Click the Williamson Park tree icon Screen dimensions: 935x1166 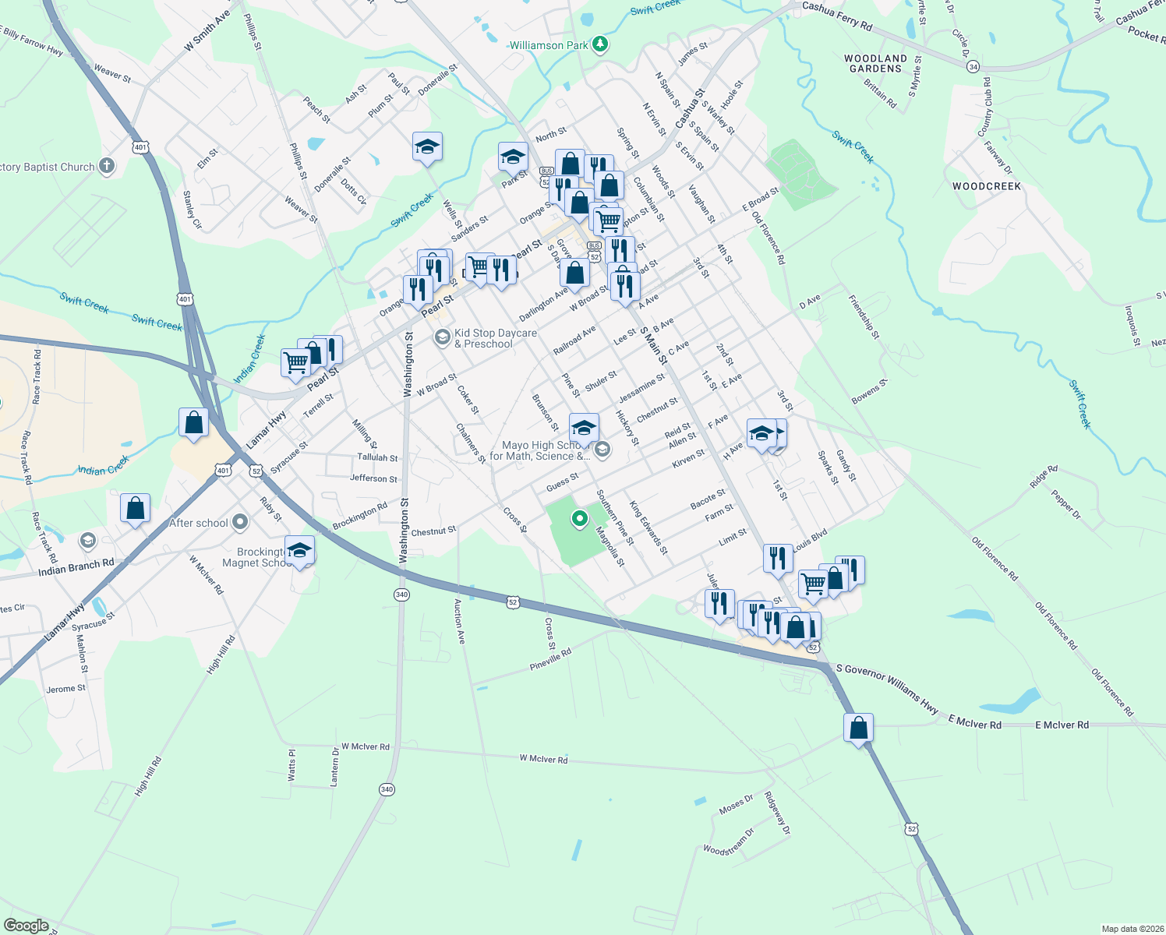point(599,44)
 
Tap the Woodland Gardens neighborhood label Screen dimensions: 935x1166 point(875,63)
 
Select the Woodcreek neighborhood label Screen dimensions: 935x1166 point(986,186)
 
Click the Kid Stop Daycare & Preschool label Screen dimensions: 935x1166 point(495,338)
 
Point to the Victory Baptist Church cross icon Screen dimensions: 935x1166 point(107,166)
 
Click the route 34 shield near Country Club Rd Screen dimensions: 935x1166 point(973,67)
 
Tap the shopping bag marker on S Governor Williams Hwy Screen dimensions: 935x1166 point(858,729)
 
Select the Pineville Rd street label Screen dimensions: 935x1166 point(550,660)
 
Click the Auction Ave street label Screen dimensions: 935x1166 point(460,620)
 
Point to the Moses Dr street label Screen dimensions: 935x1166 point(736,804)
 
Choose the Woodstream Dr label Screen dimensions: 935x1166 point(729,842)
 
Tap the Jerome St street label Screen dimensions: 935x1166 point(65,689)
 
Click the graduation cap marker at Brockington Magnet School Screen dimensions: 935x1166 point(299,551)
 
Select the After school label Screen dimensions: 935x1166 point(199,523)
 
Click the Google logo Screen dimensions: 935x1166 point(26,926)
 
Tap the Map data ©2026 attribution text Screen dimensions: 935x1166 point(1132,929)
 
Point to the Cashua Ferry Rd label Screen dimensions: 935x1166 point(837,16)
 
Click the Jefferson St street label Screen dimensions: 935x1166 point(373,478)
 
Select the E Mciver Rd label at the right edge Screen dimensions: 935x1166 point(1062,725)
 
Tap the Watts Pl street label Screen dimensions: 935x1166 point(292,765)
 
